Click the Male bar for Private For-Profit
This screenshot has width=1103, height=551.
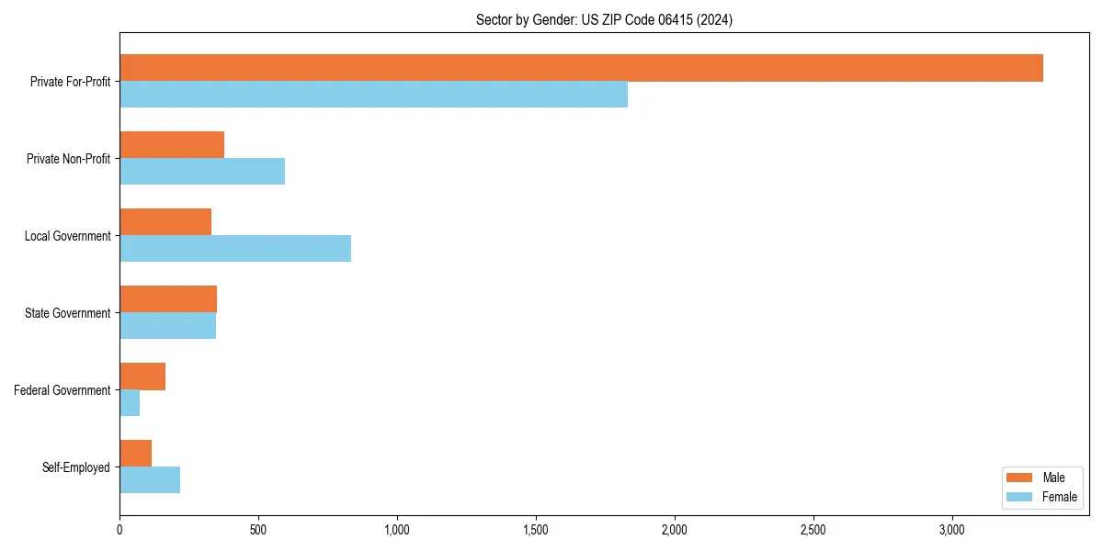tap(581, 68)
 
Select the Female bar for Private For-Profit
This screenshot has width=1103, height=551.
tap(373, 95)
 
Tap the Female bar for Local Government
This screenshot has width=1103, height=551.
tap(235, 249)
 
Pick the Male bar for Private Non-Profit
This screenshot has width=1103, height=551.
tap(172, 145)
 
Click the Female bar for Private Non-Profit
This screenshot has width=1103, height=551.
tap(202, 172)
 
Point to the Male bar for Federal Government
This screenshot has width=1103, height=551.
tap(142, 377)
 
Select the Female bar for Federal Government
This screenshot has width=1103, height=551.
tap(130, 403)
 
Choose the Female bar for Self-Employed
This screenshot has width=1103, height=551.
tap(150, 480)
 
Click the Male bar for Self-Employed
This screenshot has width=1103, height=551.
tap(135, 454)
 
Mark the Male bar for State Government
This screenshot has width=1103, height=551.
tap(168, 299)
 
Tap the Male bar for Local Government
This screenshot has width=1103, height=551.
tap(165, 222)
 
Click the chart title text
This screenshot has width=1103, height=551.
tap(604, 19)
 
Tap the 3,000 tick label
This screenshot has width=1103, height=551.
tap(952, 530)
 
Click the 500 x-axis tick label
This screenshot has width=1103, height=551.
tap(258, 530)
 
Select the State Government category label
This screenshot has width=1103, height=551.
tap(67, 313)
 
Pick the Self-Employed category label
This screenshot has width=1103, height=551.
tap(75, 467)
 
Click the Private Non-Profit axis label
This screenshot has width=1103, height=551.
tap(68, 159)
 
